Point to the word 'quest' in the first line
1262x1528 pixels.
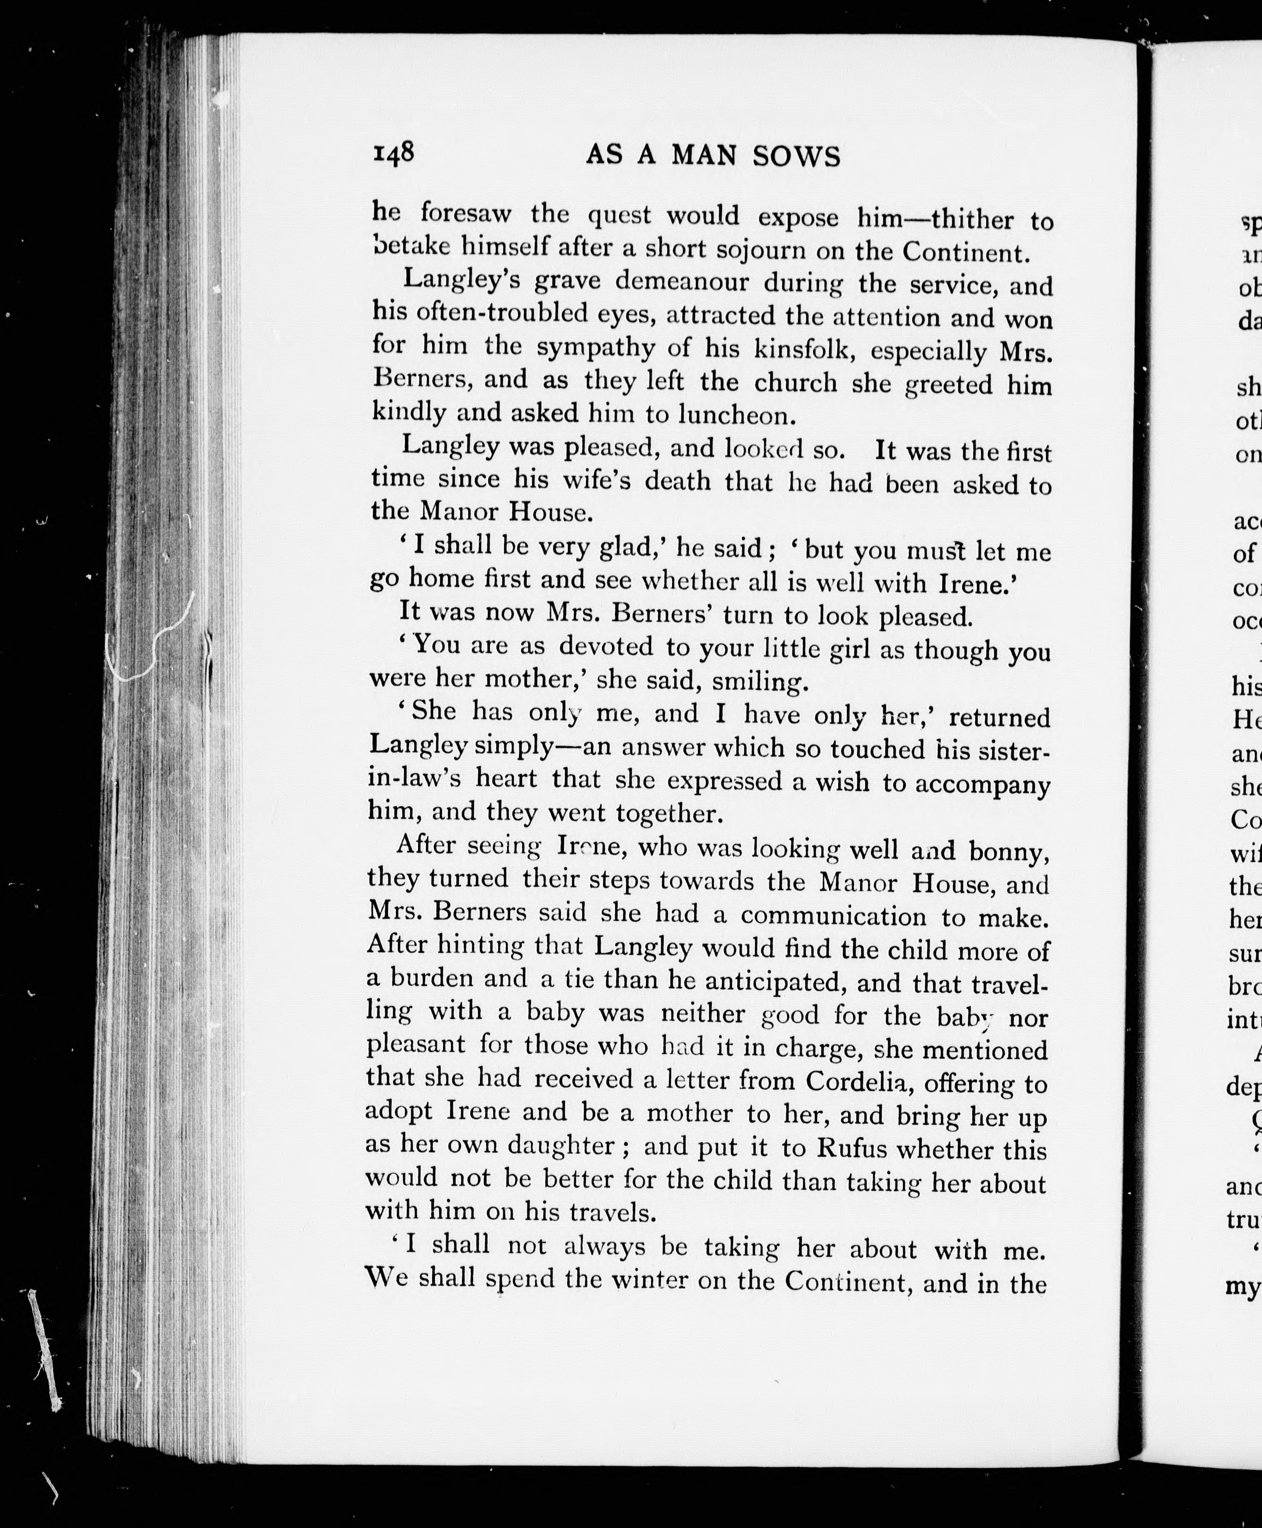pos(618,215)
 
